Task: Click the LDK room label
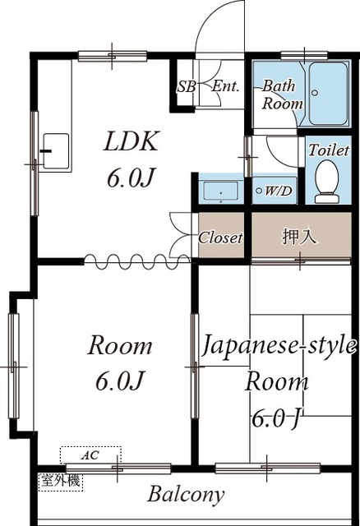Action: pyautogui.click(x=131, y=141)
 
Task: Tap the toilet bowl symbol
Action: pyautogui.click(x=327, y=182)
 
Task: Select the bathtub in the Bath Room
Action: pyautogui.click(x=328, y=94)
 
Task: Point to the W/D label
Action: pyautogui.click(x=278, y=191)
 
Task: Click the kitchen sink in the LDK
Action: pyautogui.click(x=56, y=151)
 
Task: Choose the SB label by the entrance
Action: pyautogui.click(x=187, y=87)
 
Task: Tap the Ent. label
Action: pyautogui.click(x=225, y=86)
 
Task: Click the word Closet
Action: pyautogui.click(x=220, y=238)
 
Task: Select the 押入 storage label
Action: pyautogui.click(x=298, y=237)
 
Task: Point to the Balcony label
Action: pyautogui.click(x=186, y=494)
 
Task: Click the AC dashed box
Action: pyautogui.click(x=90, y=455)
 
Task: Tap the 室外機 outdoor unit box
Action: pyautogui.click(x=60, y=482)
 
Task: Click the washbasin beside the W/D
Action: pyautogui.click(x=220, y=191)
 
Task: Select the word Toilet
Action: pyautogui.click(x=329, y=150)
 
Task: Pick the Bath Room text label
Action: pyautogui.click(x=283, y=95)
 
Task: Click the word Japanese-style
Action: pyautogui.click(x=279, y=346)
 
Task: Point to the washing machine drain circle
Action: pyautogui.click(x=259, y=191)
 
